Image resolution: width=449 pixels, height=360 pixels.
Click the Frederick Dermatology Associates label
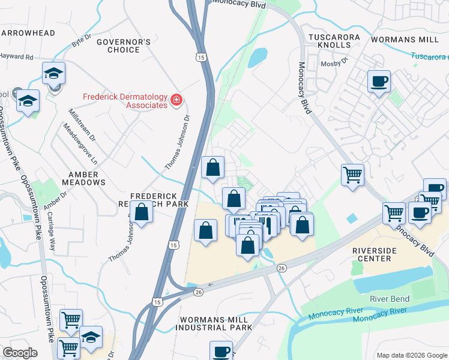point(125,100)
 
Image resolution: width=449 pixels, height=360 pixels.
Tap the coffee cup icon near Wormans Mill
point(379,81)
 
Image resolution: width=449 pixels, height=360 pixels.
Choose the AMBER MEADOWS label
point(83,178)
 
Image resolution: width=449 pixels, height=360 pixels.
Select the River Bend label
point(390,299)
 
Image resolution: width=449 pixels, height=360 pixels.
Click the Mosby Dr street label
point(336,61)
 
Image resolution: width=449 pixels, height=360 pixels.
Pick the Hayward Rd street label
point(16,57)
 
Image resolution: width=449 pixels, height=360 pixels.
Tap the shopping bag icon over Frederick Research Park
point(142,212)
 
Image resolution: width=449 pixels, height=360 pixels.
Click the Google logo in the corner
point(20,353)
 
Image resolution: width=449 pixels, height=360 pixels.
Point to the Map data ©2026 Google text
point(411,355)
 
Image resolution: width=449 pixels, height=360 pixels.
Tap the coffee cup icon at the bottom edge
point(221,350)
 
